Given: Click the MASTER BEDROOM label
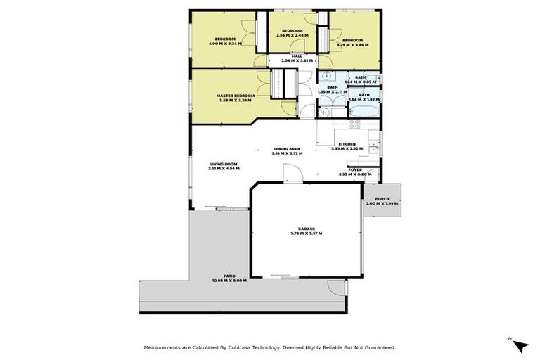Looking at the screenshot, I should (235, 96).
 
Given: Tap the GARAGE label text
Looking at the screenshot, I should (306, 229).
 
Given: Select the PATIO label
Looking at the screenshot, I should (229, 276).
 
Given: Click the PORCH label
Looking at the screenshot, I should (382, 198).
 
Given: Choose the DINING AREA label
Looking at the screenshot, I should (287, 149).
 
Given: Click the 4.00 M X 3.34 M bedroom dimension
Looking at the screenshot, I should (225, 44).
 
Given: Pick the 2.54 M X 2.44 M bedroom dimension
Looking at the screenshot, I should (292, 37).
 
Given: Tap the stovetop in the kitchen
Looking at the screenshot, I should (355, 124).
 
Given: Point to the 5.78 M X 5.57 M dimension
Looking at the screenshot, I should (306, 233).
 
